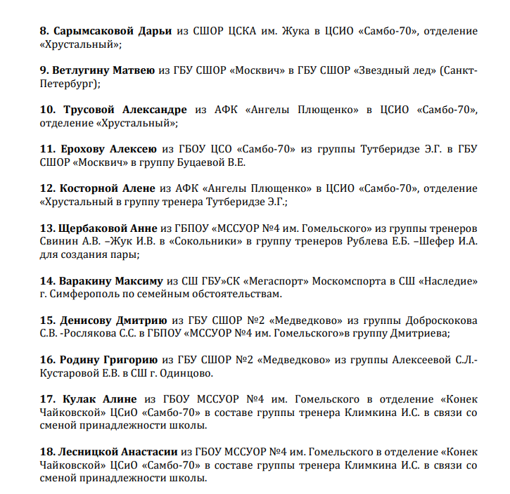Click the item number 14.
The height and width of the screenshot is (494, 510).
point(48,280)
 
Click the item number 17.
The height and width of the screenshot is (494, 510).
point(48,398)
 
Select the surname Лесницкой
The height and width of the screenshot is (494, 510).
point(93,452)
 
